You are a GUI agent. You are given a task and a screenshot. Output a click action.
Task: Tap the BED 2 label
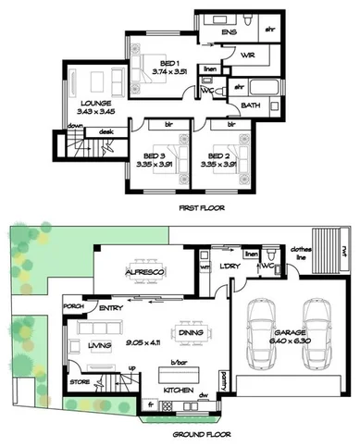[218, 155]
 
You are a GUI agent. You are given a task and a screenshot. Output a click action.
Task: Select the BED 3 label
[142, 155]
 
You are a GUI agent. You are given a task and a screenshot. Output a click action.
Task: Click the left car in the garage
[261, 320]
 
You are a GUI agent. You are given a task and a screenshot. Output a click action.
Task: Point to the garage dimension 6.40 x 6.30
[292, 340]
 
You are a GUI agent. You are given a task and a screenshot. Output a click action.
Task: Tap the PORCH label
[74, 304]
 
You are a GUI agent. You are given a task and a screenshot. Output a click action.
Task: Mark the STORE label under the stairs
[80, 380]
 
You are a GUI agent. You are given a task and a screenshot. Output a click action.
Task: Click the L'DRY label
[230, 267]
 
